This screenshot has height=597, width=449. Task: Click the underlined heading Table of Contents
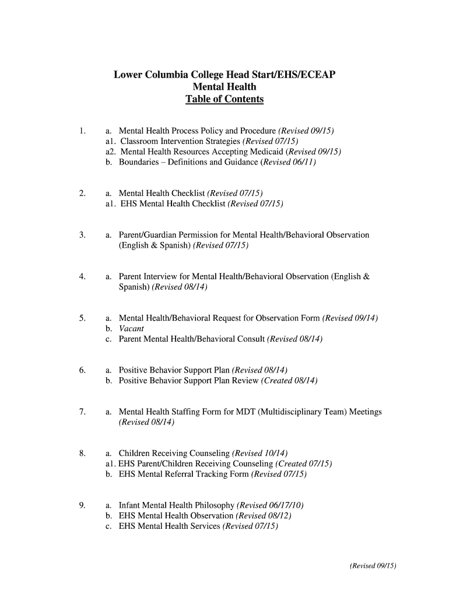[x=224, y=99]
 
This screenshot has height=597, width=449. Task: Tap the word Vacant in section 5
[x=131, y=329]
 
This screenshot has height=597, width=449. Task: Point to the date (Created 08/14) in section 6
[x=289, y=381]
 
